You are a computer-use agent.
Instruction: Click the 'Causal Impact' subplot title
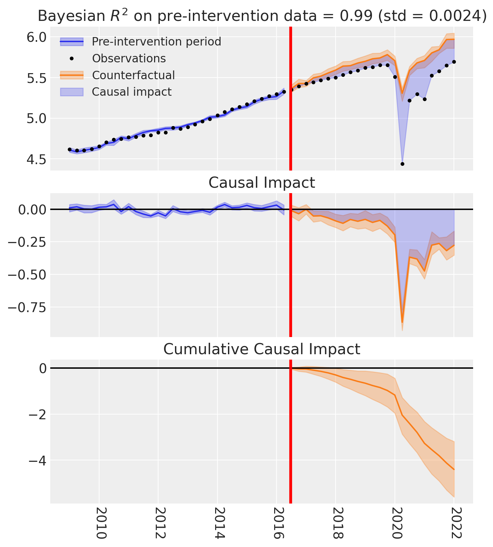(262, 183)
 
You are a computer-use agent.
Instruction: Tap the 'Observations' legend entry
(129, 58)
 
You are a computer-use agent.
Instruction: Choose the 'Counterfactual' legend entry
(133, 75)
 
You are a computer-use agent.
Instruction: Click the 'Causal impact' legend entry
(132, 92)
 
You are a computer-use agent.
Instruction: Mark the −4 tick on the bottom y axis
(35, 460)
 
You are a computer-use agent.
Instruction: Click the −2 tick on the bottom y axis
(35, 414)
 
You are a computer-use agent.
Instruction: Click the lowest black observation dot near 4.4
(402, 164)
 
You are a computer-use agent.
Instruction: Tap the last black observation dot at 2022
(454, 62)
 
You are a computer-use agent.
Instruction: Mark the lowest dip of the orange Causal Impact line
(402, 322)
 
